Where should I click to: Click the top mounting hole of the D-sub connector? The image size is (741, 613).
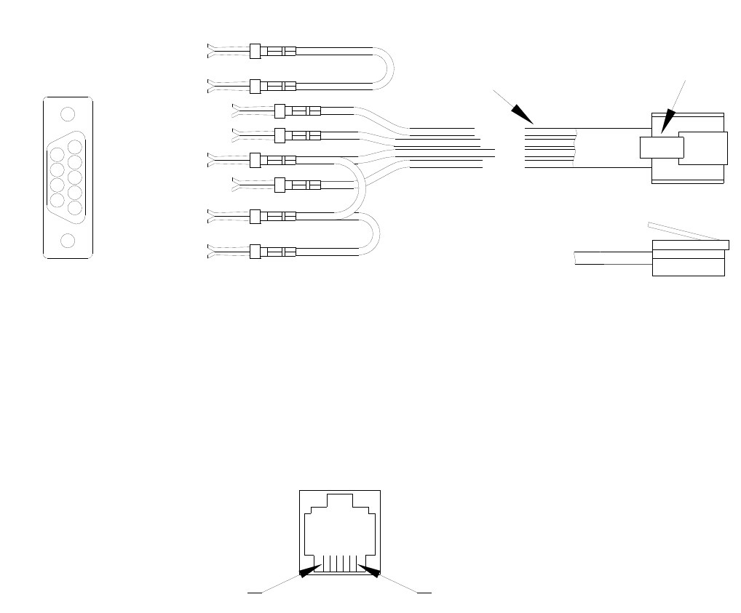click(68, 114)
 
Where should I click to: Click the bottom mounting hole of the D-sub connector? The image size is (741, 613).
click(68, 241)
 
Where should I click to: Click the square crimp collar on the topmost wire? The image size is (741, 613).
click(255, 51)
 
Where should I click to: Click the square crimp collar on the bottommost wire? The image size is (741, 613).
click(255, 252)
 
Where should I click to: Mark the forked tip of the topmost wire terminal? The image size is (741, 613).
click(212, 49)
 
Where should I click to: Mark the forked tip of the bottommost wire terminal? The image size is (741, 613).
click(212, 251)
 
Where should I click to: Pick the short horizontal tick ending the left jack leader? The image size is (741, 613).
click(254, 593)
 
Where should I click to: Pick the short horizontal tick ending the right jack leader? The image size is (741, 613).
click(424, 593)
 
